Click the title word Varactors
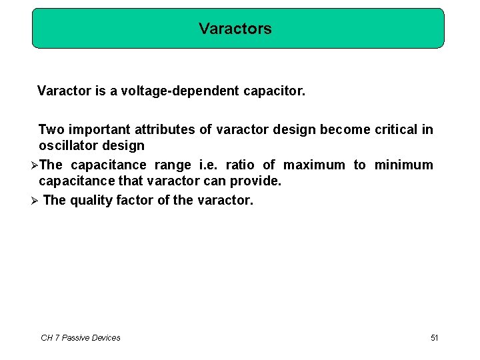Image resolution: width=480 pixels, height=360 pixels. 235,29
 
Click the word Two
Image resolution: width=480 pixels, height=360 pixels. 51,129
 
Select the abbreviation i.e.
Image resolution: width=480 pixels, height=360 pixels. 209,165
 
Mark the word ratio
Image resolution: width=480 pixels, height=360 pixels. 240,165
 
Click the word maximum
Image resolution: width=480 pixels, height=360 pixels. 315,165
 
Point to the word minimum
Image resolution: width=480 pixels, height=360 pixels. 403,165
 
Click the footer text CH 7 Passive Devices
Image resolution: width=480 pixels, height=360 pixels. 81,338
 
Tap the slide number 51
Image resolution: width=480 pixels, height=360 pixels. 435,338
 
